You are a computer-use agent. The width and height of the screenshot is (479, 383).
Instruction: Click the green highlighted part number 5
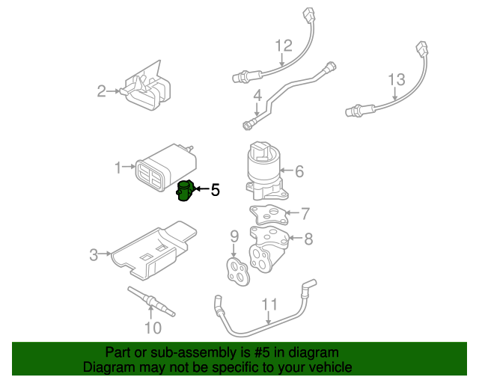(x=185, y=191)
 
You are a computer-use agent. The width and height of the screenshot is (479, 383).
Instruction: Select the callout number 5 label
(x=215, y=190)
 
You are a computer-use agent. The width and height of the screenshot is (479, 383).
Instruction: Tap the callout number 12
(x=283, y=46)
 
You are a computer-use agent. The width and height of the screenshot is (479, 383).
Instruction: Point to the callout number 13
(x=396, y=80)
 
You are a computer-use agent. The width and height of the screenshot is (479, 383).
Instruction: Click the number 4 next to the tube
(x=257, y=96)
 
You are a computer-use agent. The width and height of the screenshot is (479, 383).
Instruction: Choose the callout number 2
(x=102, y=91)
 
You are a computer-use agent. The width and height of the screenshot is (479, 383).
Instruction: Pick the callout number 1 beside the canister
(x=118, y=168)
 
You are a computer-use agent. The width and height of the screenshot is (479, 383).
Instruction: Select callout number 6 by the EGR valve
(x=299, y=171)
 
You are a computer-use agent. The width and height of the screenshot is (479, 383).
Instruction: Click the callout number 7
(x=305, y=214)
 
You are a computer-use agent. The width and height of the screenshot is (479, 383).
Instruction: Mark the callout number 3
(x=94, y=255)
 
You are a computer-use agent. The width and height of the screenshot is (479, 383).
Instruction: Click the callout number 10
(x=152, y=328)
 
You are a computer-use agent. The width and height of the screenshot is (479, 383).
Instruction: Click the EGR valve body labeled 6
(x=263, y=168)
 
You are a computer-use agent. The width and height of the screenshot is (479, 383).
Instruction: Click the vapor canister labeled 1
(x=166, y=168)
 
